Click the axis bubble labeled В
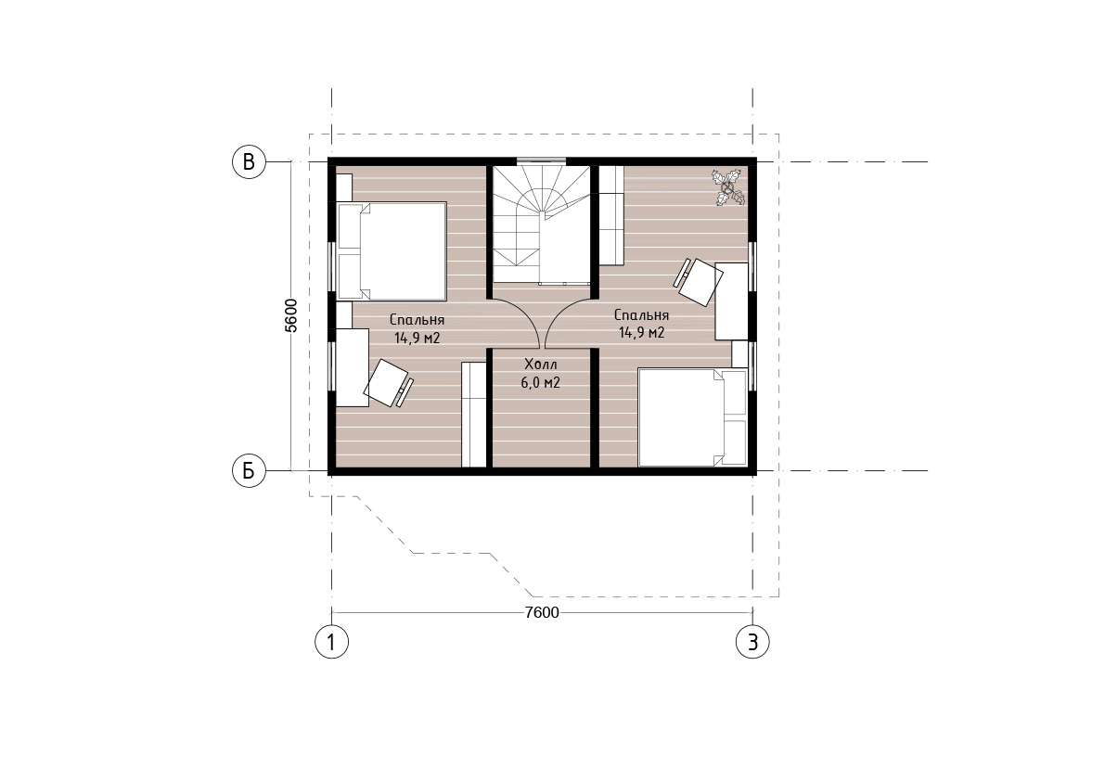[249, 162]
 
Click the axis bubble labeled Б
[249, 470]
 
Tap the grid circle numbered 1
[331, 642]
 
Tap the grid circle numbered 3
[752, 642]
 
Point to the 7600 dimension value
[542, 613]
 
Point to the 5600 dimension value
[290, 315]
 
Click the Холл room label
[541, 365]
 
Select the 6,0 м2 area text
[541, 383]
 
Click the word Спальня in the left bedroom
[417, 320]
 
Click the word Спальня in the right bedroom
[641, 315]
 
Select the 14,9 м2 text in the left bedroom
[417, 338]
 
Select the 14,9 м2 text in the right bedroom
[641, 332]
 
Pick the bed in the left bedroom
[392, 251]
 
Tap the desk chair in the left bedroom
[388, 384]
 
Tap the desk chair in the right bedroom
[699, 282]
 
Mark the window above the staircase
[541, 161]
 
